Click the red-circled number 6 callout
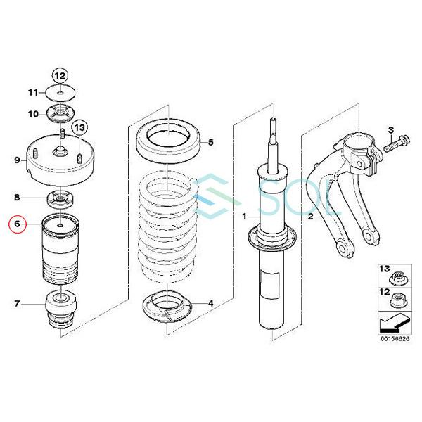tap(17, 224)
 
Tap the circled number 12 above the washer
tap(60, 76)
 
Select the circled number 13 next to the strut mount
tap(79, 127)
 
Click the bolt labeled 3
tap(397, 144)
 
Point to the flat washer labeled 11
tap(60, 93)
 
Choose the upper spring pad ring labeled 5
tap(168, 141)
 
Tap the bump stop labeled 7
tap(61, 309)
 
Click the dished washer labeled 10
tap(60, 113)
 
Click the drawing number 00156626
tap(395, 339)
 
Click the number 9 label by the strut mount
tap(17, 160)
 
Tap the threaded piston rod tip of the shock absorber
tap(273, 124)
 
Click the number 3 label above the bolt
tap(390, 130)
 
